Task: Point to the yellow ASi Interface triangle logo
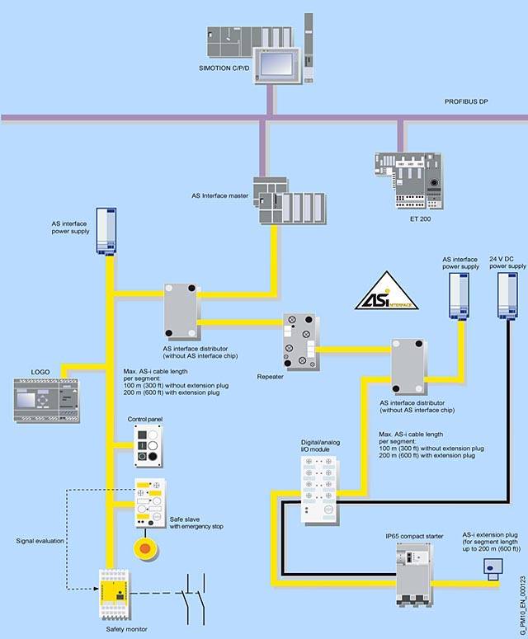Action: tap(387, 291)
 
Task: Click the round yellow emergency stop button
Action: tap(146, 546)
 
